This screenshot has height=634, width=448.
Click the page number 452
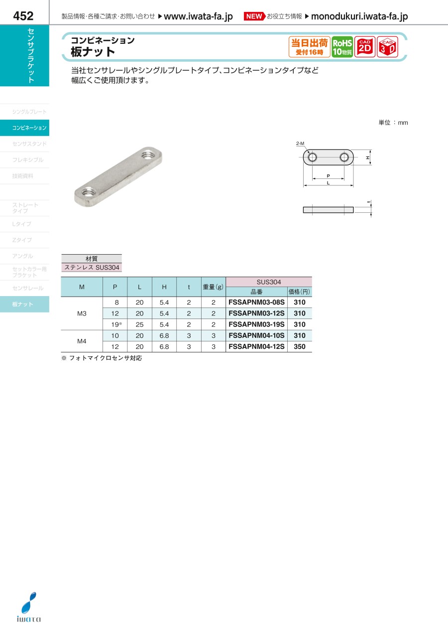click(23, 16)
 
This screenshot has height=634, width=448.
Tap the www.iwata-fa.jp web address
click(198, 16)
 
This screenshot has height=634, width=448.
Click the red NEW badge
click(254, 16)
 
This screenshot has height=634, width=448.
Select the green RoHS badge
click(342, 47)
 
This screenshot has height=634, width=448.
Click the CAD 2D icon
click(364, 47)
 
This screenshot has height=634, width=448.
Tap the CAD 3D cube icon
click(387, 47)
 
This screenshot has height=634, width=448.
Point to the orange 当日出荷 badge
click(310, 47)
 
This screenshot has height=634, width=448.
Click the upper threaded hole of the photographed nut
click(147, 155)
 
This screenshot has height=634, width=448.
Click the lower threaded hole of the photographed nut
click(88, 192)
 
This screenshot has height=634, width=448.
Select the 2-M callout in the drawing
click(300, 144)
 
